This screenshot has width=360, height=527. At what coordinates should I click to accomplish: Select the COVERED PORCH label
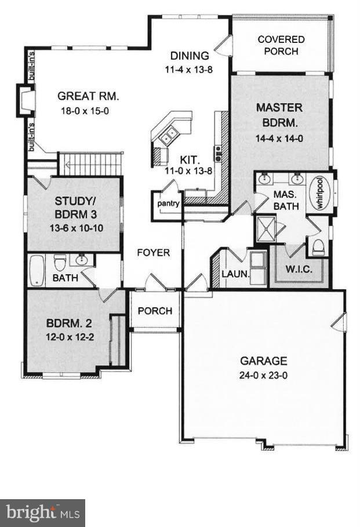[281, 45]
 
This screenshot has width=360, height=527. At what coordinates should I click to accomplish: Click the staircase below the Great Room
[89, 163]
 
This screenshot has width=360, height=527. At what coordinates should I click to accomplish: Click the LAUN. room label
[235, 274]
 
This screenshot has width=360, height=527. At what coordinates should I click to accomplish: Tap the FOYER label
[154, 253]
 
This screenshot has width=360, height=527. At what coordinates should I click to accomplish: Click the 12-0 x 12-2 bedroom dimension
[70, 336]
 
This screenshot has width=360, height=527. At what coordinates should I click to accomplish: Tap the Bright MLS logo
[42, 513]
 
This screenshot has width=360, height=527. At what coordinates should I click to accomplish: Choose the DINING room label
[189, 56]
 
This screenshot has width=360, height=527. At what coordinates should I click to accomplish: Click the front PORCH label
[155, 311]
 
